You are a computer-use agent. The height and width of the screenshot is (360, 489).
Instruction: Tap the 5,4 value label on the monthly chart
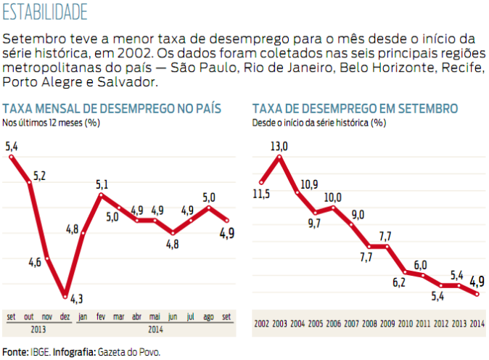[12, 147]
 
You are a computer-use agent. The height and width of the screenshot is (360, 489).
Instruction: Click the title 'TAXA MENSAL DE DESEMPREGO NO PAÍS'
[112, 109]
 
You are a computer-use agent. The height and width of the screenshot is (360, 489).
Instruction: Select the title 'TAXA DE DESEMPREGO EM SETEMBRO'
[355, 109]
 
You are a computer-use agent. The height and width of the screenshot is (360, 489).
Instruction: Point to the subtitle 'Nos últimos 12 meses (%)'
[51, 123]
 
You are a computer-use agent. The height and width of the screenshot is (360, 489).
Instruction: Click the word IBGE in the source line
[38, 352]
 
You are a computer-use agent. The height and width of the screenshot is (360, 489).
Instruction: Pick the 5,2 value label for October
[39, 176]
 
